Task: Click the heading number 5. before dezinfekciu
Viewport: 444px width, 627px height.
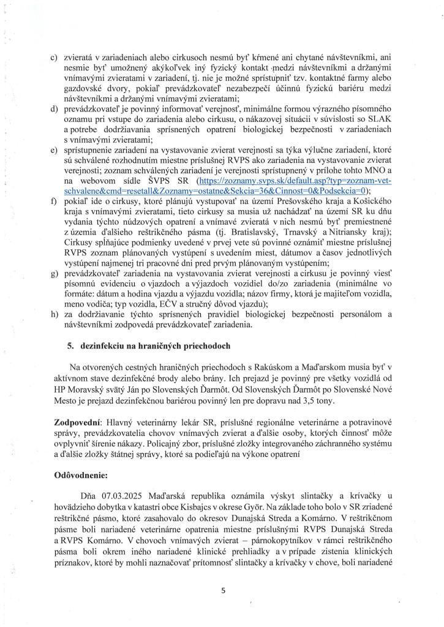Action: (71, 345)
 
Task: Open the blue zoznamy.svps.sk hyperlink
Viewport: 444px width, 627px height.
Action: (294, 182)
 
